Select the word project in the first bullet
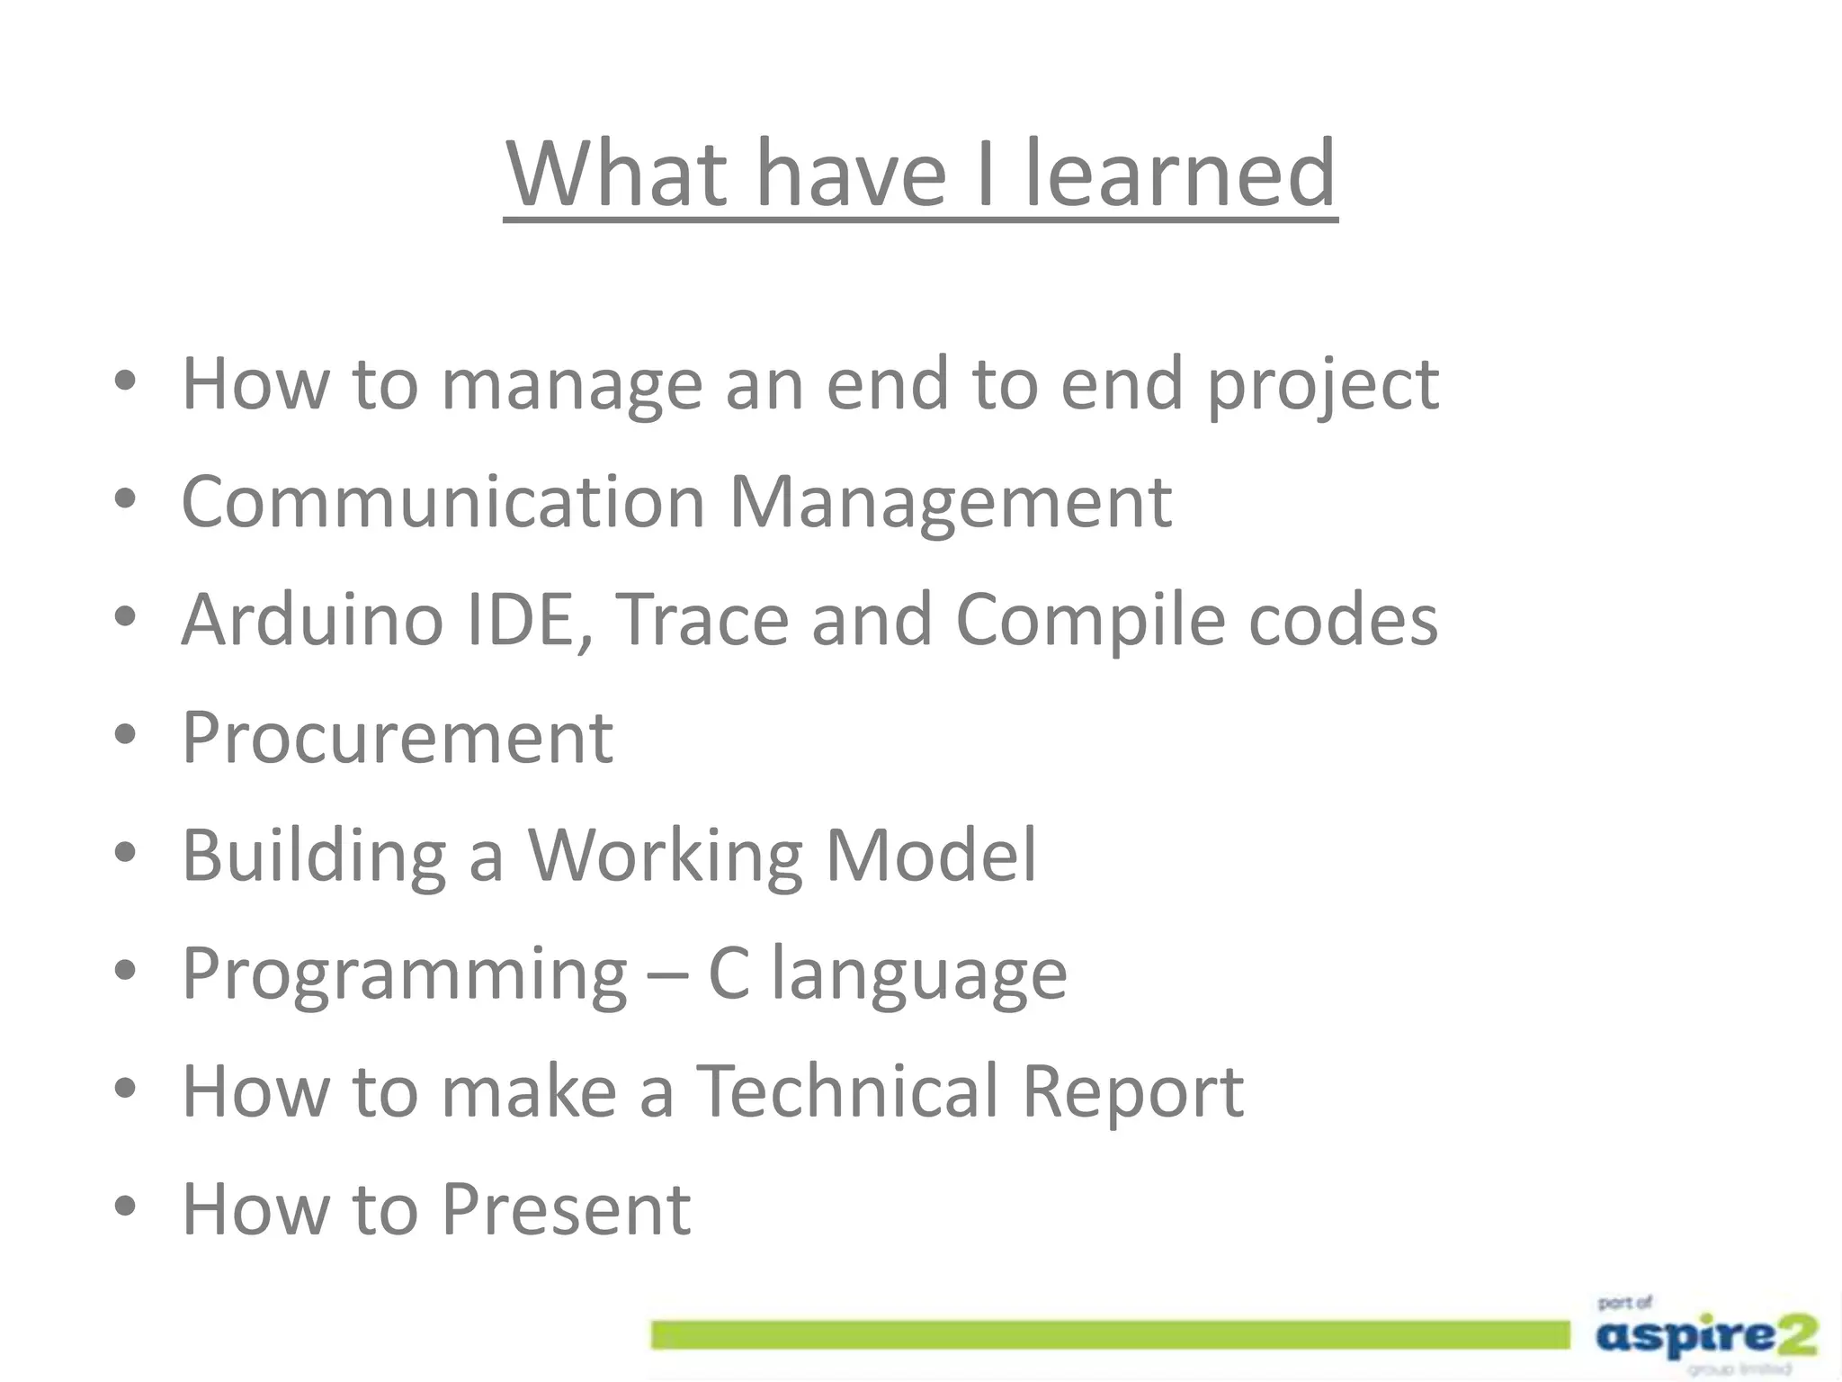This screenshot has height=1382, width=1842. [x=1322, y=385]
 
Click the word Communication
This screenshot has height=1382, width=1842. [x=443, y=501]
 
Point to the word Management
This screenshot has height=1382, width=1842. [x=950, y=503]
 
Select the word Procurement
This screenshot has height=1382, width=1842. [x=397, y=737]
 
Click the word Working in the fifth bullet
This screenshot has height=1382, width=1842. [x=665, y=857]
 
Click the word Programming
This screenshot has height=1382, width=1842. [x=404, y=975]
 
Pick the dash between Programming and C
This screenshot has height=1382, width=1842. [x=667, y=975]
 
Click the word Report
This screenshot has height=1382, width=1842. [x=1132, y=1092]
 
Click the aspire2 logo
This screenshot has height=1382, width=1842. [x=1705, y=1336]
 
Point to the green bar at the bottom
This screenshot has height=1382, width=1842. [x=1110, y=1335]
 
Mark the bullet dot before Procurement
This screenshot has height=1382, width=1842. [x=125, y=734]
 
